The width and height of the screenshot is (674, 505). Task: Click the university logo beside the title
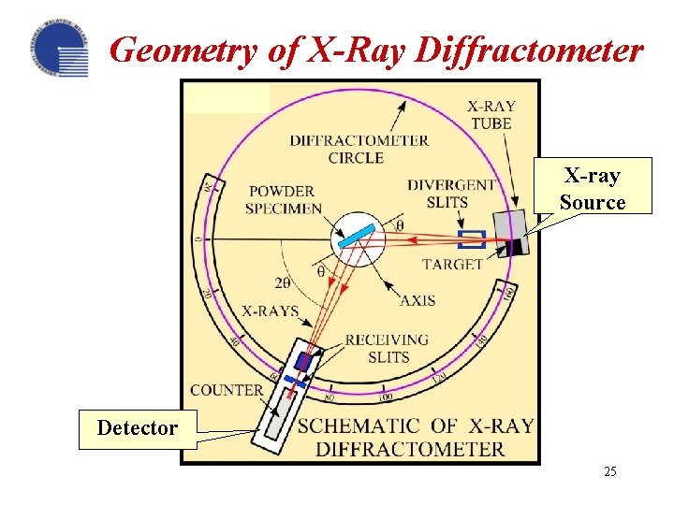pyautogui.click(x=59, y=49)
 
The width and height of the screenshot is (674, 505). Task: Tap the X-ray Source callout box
pyautogui.click(x=593, y=188)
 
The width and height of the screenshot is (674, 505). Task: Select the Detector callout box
pyautogui.click(x=138, y=428)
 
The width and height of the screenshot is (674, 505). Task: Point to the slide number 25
pyautogui.click(x=610, y=471)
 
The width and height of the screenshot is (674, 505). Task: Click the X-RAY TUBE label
pyautogui.click(x=491, y=115)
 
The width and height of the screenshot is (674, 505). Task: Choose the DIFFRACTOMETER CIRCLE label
pyautogui.click(x=359, y=149)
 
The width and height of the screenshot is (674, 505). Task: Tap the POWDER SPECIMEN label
pyautogui.click(x=284, y=200)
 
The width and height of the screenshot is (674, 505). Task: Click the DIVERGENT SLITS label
pyautogui.click(x=451, y=193)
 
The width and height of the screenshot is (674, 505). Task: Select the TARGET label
pyautogui.click(x=452, y=265)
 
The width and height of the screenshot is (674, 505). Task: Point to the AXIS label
pyautogui.click(x=418, y=300)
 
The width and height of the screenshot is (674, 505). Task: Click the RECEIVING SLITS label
pyautogui.click(x=388, y=347)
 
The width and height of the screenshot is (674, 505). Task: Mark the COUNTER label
pyautogui.click(x=227, y=390)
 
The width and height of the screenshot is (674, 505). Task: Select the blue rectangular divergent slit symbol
pyautogui.click(x=471, y=239)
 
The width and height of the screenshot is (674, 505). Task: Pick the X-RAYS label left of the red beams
pyautogui.click(x=270, y=310)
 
